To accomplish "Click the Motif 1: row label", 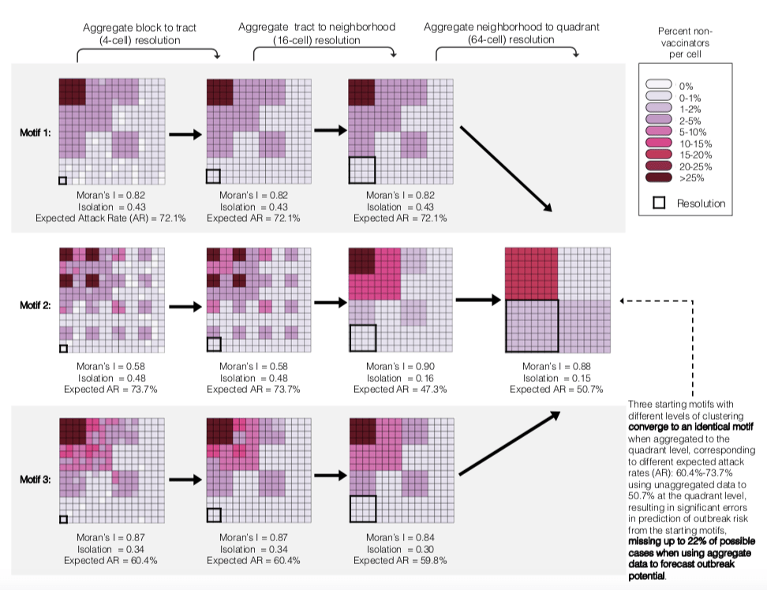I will point(36,133).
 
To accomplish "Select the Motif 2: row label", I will point(36,305).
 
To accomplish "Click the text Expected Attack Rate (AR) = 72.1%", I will point(110,218).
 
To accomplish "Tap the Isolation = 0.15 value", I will point(557,378).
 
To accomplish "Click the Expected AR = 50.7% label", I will point(557,389).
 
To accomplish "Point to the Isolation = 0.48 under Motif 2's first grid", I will point(110,378).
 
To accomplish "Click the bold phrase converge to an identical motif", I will point(690,427).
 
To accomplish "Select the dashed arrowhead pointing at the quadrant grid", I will point(623,300).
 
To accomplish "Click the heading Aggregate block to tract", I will point(140,28).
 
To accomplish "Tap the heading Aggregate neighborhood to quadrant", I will point(511,28).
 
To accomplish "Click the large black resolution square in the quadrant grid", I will point(532,326).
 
